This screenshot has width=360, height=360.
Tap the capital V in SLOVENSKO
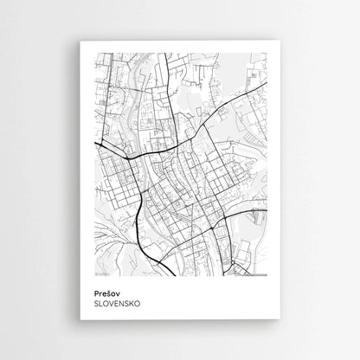coord(113,304)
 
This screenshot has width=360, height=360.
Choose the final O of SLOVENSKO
coord(138,304)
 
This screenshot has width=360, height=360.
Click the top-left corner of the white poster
coord(80,42)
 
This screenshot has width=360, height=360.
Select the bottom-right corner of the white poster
coord(280,319)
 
